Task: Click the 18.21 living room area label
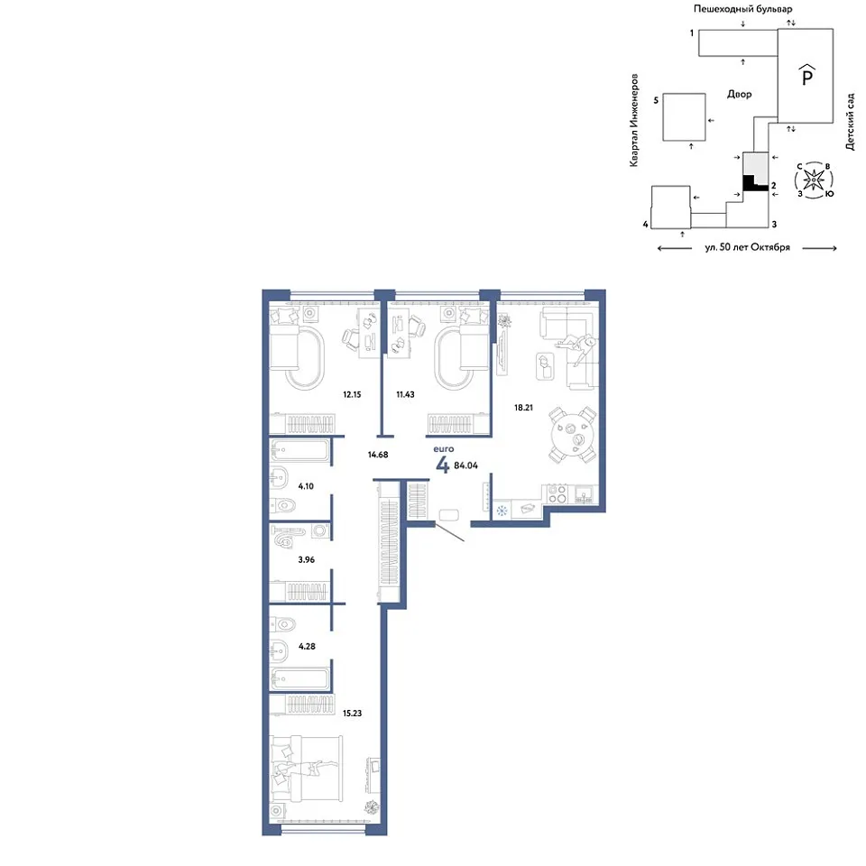click(523, 408)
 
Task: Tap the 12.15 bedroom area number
click(352, 394)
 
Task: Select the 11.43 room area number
click(405, 394)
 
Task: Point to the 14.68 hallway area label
click(378, 455)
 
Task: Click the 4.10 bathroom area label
click(306, 486)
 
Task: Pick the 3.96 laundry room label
click(306, 559)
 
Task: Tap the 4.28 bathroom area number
click(307, 646)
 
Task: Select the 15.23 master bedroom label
click(352, 713)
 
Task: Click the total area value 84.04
click(465, 465)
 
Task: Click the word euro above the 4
click(444, 449)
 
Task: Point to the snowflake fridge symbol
click(502, 511)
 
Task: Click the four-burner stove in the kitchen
click(557, 493)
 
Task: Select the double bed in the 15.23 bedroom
click(306, 768)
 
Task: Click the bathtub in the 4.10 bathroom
click(300, 450)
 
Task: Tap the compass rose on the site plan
click(814, 180)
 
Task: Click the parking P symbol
click(806, 75)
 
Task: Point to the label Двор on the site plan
click(739, 94)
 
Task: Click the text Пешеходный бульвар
click(742, 9)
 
